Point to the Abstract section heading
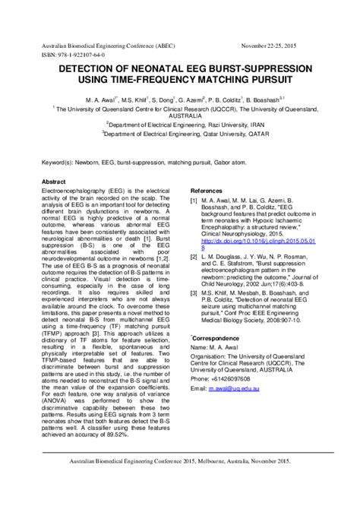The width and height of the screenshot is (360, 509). click(x=53, y=182)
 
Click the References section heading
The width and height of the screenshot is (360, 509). click(x=206, y=190)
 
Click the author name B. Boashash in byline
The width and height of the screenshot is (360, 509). click(x=257, y=100)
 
